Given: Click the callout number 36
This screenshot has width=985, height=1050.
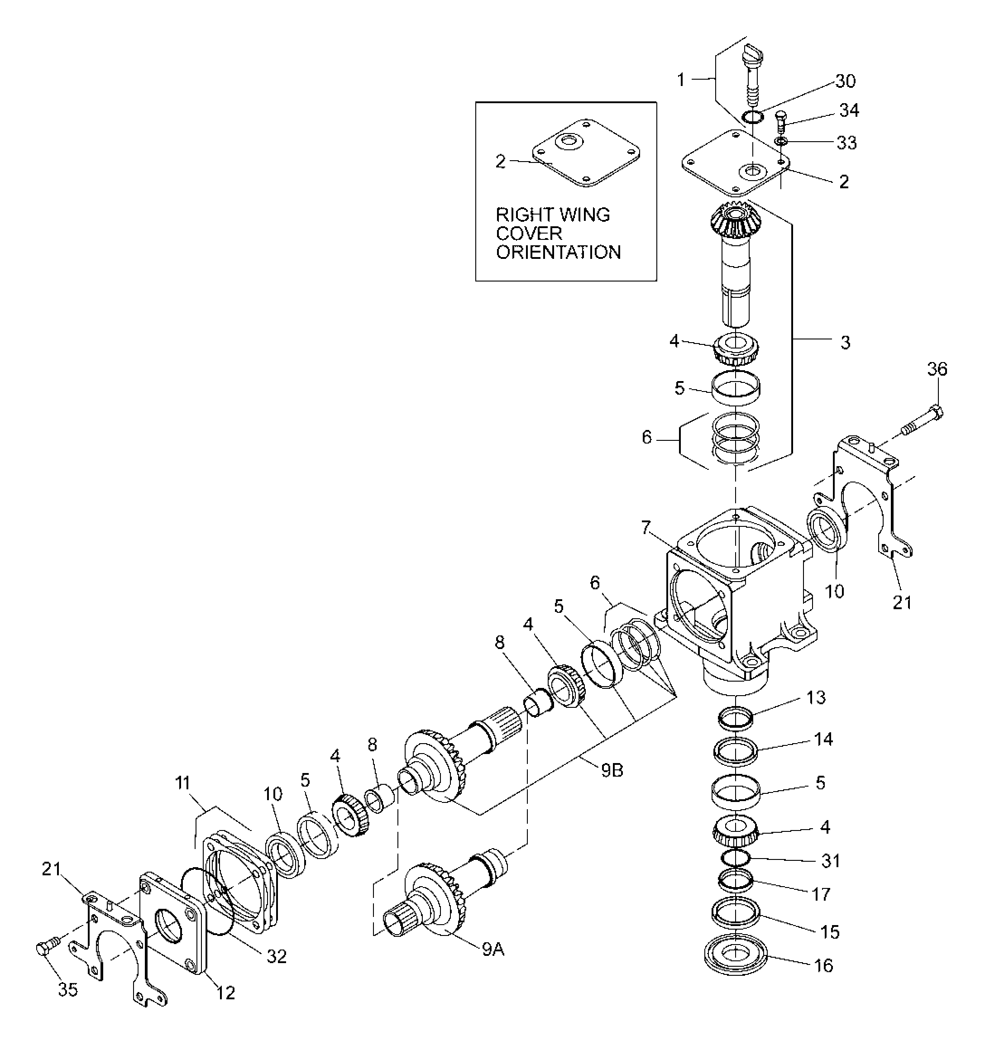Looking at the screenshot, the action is coord(937,369).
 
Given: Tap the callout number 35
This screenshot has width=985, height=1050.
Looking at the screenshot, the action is coord(67,989).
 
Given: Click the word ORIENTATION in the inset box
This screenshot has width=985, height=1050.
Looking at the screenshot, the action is coord(558,252).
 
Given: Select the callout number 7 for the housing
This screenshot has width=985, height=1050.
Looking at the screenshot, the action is coord(646,527).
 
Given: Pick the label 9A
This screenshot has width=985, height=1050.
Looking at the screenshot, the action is coord(493,950).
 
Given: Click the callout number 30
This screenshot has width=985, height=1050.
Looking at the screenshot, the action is coord(845,81).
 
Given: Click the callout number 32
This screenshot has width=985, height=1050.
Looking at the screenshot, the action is coord(276,956).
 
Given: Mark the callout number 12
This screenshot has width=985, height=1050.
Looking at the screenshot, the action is coord(225,993).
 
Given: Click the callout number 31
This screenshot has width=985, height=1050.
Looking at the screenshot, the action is coord(831,861).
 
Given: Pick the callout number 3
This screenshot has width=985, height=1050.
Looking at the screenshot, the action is coord(845,342).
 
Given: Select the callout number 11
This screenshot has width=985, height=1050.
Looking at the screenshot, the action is coord(182,783).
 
